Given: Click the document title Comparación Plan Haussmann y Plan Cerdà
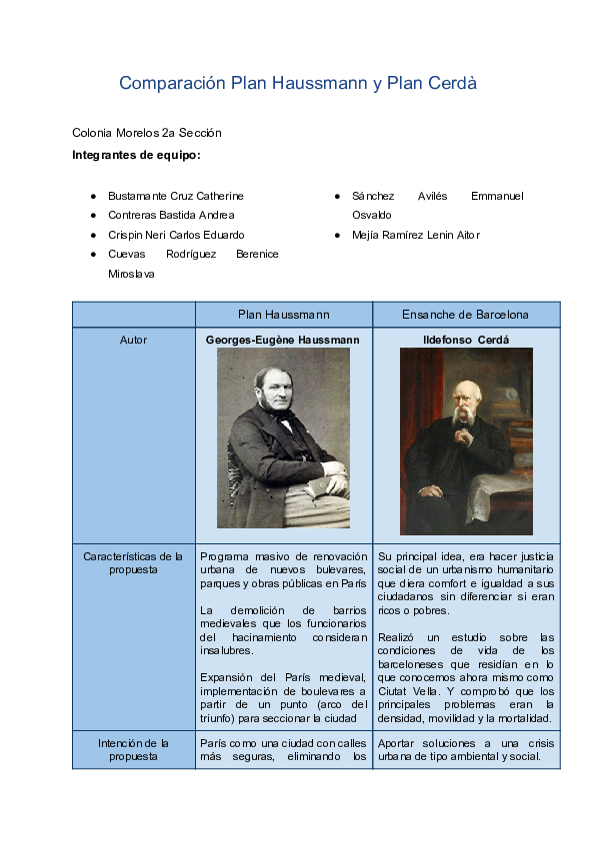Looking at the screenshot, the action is click(x=297, y=84).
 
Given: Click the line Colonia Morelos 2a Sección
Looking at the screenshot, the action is click(x=146, y=133).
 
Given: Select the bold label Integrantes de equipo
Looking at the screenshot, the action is click(x=136, y=155).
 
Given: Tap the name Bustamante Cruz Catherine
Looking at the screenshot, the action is click(x=175, y=196).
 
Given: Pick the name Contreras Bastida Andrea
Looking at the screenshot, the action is click(x=171, y=215).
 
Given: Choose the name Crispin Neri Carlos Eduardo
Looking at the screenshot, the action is click(x=176, y=235).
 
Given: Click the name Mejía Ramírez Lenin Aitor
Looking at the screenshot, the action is click(x=415, y=235).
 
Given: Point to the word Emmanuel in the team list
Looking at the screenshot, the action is click(x=497, y=196).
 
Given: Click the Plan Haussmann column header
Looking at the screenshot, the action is click(x=283, y=314).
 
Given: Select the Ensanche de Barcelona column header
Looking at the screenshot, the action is click(x=465, y=314).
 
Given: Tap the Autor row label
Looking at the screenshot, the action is click(x=133, y=340).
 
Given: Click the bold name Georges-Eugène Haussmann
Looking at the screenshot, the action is click(x=282, y=340).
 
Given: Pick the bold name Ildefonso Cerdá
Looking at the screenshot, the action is click(x=466, y=340).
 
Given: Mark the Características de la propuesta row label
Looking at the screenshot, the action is click(x=133, y=562).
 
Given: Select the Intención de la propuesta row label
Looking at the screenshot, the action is click(x=133, y=749).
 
